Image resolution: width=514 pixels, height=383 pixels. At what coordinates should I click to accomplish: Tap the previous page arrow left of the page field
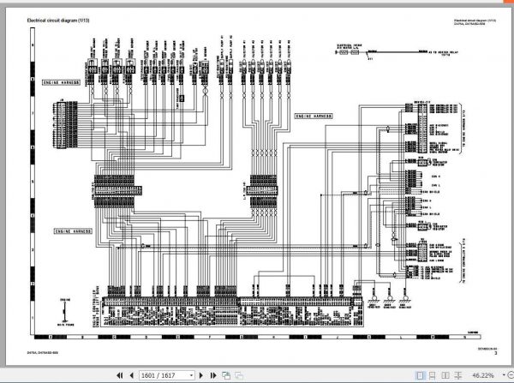(x=134, y=374)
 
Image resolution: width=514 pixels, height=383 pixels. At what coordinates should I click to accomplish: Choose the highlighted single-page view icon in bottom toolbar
(x=419, y=374)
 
